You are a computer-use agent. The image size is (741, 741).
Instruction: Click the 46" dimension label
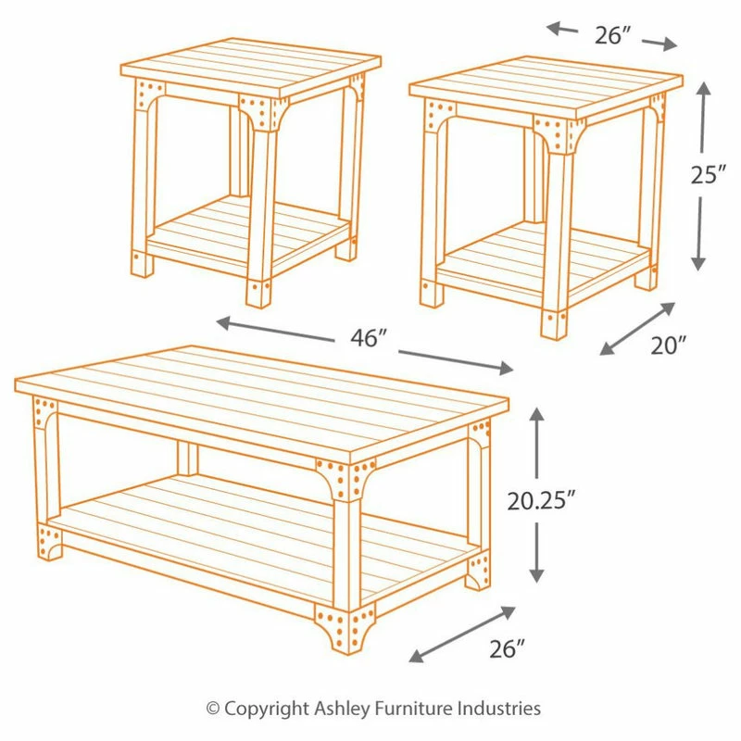click(x=368, y=337)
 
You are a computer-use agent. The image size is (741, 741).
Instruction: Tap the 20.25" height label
click(x=541, y=501)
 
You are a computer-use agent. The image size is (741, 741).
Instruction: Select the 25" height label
click(x=709, y=175)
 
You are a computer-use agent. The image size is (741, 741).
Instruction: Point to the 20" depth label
click(x=668, y=345)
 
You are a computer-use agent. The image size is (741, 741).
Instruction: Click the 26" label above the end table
click(x=612, y=35)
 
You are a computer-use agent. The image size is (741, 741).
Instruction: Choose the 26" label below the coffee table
click(x=507, y=649)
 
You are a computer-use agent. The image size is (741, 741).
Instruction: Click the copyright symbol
click(x=213, y=710)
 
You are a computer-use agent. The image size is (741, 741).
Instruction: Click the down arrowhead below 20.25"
click(x=536, y=574)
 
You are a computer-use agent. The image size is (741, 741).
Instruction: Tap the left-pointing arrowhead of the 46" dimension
click(x=224, y=323)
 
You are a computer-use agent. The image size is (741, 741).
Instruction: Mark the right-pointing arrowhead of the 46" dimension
click(x=505, y=368)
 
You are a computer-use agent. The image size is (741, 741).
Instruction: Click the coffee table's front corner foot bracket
click(x=345, y=629)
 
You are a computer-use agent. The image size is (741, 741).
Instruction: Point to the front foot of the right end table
click(x=554, y=325)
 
